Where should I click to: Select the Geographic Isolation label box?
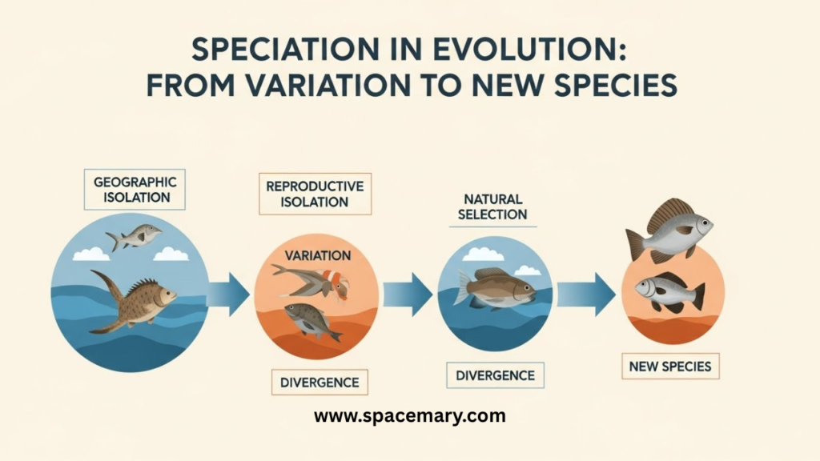(135, 189)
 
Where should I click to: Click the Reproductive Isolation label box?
(315, 194)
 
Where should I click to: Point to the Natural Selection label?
(492, 207)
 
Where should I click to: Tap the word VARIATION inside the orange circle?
(317, 255)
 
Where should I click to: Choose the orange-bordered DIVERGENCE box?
(320, 382)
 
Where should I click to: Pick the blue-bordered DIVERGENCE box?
(495, 375)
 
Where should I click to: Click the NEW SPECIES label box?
(670, 367)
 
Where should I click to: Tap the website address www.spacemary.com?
(410, 416)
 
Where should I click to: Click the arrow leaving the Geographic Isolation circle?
(228, 294)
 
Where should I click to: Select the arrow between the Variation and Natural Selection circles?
(408, 295)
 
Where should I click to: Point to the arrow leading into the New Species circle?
(585, 295)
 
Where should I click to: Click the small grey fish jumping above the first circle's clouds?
(134, 237)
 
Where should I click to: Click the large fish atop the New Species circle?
(669, 230)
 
